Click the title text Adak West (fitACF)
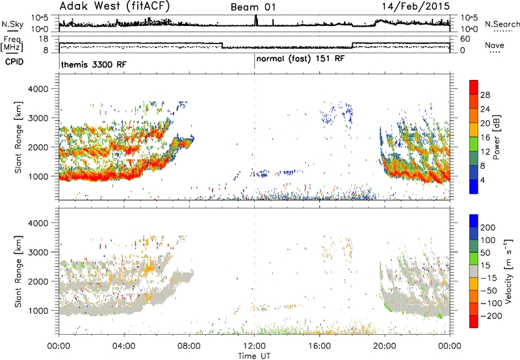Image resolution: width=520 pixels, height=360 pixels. tap(115, 6)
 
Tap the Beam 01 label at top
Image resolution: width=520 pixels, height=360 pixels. tap(253, 7)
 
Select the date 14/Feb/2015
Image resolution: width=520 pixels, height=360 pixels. tap(415, 6)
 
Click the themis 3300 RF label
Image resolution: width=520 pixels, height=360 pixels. tap(94, 64)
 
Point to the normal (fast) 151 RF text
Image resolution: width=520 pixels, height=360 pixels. tap(300, 58)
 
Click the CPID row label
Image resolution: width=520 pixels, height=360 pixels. tap(14, 62)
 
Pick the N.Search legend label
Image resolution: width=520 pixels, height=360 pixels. tap(502, 24)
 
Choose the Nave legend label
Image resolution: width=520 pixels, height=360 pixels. tap(495, 45)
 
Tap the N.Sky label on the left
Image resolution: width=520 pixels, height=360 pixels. tap(12, 24)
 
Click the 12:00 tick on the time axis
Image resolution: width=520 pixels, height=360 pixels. tap(254, 346)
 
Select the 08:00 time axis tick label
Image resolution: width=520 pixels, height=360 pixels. tap(189, 346)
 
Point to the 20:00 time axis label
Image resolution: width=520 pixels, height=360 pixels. tap(385, 346)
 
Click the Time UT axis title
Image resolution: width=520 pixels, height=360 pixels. tap(254, 355)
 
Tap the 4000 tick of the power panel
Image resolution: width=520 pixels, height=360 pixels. tap(38, 89)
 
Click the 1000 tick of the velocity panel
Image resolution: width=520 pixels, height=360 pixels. tap(38, 311)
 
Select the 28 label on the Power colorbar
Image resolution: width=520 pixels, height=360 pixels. tap(485, 95)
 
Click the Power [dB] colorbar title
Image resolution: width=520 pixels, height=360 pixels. tap(496, 137)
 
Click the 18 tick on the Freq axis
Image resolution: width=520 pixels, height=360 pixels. tap(44, 39)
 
